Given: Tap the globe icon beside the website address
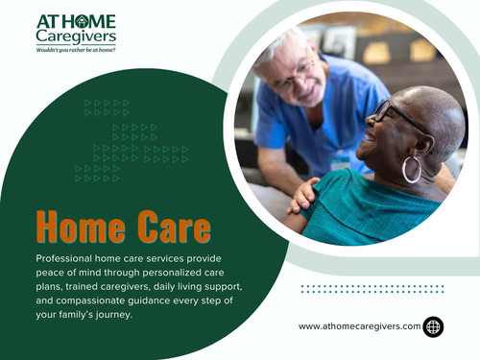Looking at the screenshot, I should point(434,326).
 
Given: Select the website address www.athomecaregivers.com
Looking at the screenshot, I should point(360,326).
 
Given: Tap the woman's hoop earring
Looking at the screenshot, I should point(412,170).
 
